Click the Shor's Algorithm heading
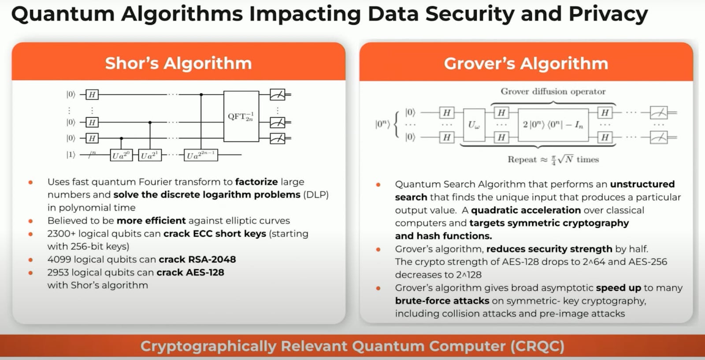178,63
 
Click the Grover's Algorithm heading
526,63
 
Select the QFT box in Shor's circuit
241,116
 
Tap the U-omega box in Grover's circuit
474,125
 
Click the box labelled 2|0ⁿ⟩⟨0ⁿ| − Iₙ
553,125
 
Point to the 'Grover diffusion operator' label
553,92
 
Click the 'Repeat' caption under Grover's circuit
522,160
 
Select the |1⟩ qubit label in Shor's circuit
71,155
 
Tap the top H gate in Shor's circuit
92,94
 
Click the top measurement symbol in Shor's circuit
278,94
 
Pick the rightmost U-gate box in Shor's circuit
201,155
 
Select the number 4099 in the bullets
59,260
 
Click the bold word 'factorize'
256,182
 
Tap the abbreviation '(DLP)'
316,195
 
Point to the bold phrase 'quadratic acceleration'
526,210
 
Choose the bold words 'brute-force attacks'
442,301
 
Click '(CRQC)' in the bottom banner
537,346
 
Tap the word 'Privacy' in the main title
608,14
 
